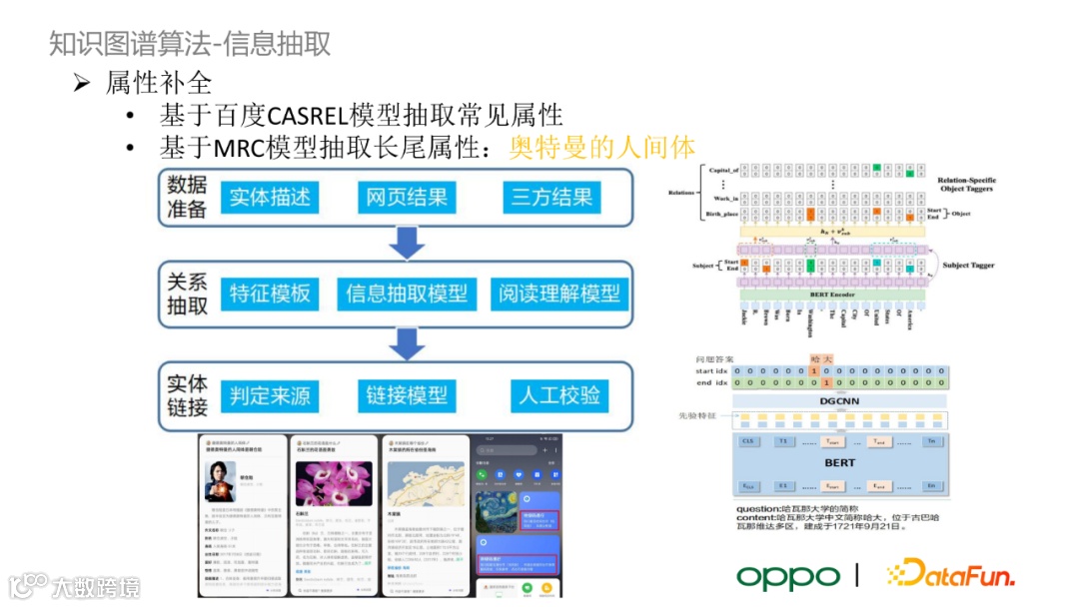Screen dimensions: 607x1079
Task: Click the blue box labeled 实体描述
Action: click(270, 197)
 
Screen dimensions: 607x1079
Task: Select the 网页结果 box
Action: click(406, 197)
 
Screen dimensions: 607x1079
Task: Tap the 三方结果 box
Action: click(552, 197)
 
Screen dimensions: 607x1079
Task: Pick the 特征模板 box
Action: click(270, 294)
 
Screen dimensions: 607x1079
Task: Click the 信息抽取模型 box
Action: click(407, 294)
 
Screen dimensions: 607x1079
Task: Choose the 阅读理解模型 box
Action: click(560, 294)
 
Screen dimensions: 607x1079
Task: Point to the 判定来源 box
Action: click(270, 395)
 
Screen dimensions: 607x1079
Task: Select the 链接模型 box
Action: click(407, 395)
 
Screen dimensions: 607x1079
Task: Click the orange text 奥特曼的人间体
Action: click(602, 147)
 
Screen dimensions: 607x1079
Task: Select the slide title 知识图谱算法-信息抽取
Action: click(190, 44)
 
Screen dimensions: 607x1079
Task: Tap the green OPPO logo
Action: click(788, 576)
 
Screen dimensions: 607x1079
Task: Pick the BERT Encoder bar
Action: click(832, 295)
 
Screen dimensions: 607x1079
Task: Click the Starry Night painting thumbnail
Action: click(498, 503)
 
